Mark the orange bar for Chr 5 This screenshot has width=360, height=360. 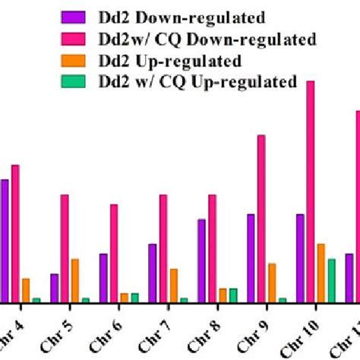point(74,280)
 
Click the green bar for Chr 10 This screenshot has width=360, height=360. point(331,280)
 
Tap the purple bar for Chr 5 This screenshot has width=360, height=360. point(55,288)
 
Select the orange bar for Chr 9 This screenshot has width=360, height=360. point(271,283)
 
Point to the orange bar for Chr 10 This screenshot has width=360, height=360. point(321,273)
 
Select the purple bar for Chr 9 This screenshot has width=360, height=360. point(251,258)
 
